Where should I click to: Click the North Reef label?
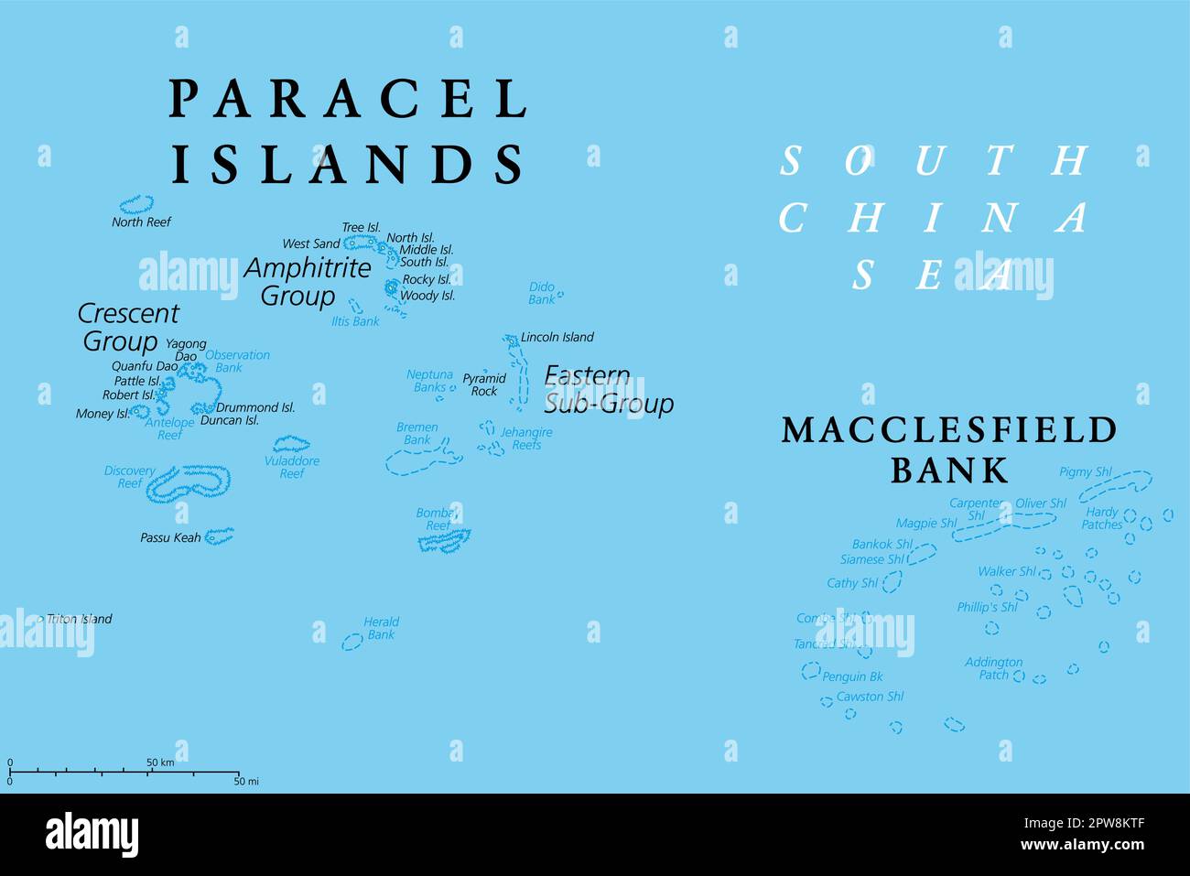tap(141, 222)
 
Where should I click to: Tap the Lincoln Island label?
tap(557, 337)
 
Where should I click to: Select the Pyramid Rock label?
tap(483, 384)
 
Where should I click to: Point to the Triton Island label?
tap(79, 619)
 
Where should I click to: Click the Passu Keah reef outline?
tap(219, 535)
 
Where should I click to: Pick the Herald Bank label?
tap(381, 628)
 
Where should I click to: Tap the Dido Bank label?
tap(542, 293)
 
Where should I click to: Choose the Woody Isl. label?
tap(427, 296)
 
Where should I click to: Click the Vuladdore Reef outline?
tap(291, 444)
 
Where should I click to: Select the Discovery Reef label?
tap(129, 477)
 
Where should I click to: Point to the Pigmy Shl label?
tap(1085, 472)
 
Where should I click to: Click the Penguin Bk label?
tap(852, 676)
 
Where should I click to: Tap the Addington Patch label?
tap(993, 668)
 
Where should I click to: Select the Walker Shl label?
tap(1006, 571)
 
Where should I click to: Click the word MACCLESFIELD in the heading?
tap(949, 430)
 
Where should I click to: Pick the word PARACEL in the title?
tap(348, 99)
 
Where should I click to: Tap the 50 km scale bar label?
tap(160, 762)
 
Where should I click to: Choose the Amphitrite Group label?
tap(307, 282)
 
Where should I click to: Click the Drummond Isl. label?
tap(255, 407)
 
